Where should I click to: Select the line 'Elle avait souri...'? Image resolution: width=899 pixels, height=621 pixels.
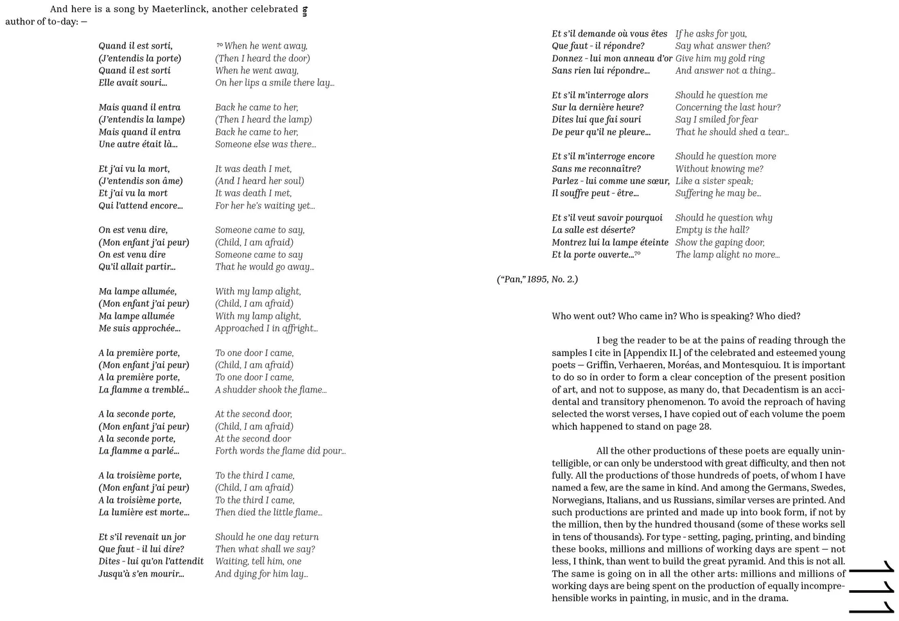click(x=133, y=83)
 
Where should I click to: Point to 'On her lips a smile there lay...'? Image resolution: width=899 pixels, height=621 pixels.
click(x=274, y=83)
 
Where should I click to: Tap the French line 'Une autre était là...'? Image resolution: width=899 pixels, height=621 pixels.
click(x=138, y=144)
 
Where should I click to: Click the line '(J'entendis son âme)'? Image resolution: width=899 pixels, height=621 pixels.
click(x=141, y=181)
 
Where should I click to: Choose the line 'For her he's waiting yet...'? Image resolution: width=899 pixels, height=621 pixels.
click(x=265, y=206)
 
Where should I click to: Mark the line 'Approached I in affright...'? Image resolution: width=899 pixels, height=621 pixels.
click(x=266, y=328)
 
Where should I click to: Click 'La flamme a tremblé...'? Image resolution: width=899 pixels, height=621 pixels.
click(x=144, y=390)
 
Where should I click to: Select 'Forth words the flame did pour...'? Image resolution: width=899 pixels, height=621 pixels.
click(x=280, y=451)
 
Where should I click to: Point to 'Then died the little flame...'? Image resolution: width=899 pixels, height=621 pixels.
click(x=268, y=513)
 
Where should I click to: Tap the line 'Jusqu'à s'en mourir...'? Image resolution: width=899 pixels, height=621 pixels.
click(x=141, y=574)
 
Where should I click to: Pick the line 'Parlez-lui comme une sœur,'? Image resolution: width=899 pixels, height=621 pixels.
click(x=611, y=181)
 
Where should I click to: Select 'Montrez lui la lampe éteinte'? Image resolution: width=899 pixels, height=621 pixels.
click(x=610, y=242)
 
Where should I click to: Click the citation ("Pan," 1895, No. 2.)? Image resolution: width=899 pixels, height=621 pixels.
click(x=537, y=280)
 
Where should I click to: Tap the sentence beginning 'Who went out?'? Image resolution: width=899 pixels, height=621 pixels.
click(x=676, y=316)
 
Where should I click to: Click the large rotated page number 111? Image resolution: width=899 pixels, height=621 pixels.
click(x=872, y=587)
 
